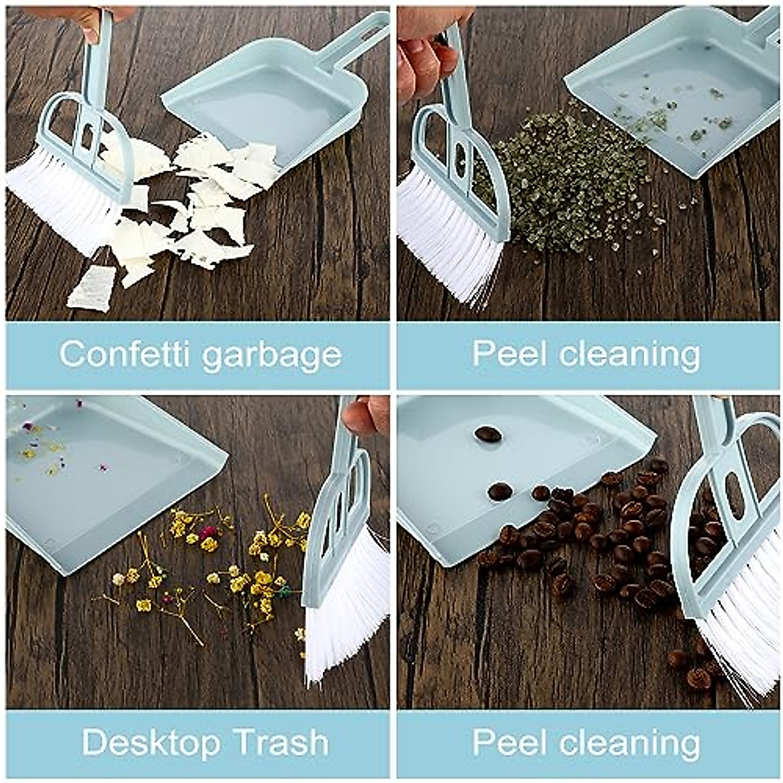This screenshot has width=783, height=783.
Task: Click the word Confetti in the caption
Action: [124, 354]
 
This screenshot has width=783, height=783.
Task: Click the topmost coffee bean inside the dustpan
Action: [487, 434]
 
